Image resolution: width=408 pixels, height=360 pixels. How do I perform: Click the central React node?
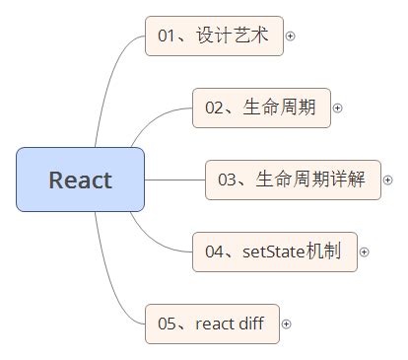[x=80, y=180]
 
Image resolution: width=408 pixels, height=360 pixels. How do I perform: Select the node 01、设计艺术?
[x=213, y=36]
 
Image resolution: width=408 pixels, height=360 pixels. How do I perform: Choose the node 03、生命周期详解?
[x=293, y=180]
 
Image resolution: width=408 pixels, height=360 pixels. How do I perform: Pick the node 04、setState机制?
[x=274, y=252]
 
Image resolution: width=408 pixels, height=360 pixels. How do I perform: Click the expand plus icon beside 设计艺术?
[x=290, y=36]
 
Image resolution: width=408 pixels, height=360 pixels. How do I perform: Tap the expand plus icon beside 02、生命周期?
[x=338, y=108]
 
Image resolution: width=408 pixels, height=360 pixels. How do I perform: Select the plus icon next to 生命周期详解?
[x=387, y=180]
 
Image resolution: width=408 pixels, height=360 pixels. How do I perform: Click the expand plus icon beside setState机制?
[x=364, y=252]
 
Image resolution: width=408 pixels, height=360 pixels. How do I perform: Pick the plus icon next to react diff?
[x=287, y=324]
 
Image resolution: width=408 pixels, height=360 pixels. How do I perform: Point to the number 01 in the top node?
[x=167, y=36]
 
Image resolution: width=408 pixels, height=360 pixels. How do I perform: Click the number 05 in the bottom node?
[x=167, y=324]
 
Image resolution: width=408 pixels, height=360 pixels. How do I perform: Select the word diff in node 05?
[x=251, y=324]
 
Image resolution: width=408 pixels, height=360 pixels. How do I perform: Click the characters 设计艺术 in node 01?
[x=233, y=36]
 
